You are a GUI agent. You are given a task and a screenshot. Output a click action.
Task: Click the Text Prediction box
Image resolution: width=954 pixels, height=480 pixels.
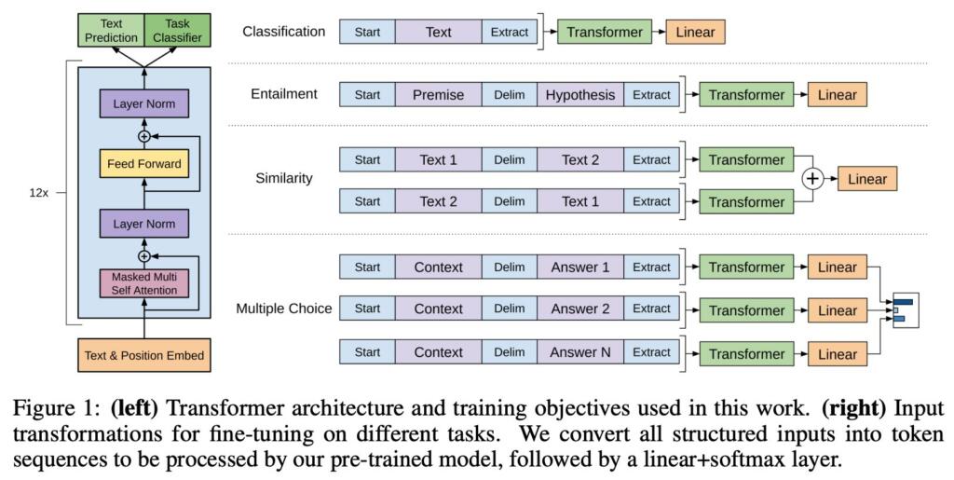(x=111, y=31)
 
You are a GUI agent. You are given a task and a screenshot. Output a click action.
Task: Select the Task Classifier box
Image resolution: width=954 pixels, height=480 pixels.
(x=176, y=31)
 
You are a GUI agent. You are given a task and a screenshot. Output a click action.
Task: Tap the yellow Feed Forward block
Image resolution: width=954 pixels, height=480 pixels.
(x=143, y=165)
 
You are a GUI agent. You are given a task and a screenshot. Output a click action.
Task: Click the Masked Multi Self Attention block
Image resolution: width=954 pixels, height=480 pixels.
(x=143, y=283)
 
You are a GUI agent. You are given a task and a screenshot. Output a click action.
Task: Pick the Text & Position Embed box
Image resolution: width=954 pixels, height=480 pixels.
(x=143, y=355)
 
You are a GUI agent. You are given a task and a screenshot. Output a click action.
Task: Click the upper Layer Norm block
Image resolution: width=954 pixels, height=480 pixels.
(x=143, y=104)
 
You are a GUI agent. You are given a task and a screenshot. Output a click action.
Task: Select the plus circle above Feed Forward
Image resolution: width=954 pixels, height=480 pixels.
(x=143, y=136)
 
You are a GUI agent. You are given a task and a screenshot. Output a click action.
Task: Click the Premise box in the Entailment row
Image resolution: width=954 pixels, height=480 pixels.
(x=438, y=94)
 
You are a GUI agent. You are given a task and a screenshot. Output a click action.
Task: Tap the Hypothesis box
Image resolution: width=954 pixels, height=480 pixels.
(x=580, y=94)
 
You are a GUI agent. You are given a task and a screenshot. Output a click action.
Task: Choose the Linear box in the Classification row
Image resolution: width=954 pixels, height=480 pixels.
(x=695, y=32)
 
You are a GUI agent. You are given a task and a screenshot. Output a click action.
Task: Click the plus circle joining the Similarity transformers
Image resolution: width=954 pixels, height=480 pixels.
(x=813, y=180)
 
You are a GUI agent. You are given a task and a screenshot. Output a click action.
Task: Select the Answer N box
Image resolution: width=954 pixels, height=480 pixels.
(x=580, y=352)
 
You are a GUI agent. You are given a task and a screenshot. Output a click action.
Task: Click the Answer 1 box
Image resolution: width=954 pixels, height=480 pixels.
(x=580, y=267)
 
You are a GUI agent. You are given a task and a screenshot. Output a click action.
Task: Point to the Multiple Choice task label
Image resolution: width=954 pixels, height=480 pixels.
(x=283, y=309)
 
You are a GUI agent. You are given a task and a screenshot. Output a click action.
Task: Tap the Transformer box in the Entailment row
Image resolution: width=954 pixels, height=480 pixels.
(x=746, y=94)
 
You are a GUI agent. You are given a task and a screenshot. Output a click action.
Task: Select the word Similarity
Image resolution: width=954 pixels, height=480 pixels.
(x=283, y=178)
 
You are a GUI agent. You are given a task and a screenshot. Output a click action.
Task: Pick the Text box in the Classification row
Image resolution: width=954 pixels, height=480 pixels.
(x=438, y=32)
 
